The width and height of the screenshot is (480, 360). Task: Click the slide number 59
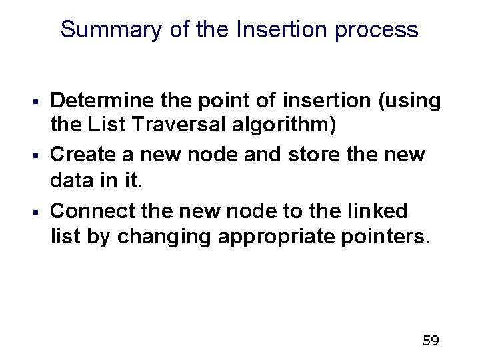point(431,341)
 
